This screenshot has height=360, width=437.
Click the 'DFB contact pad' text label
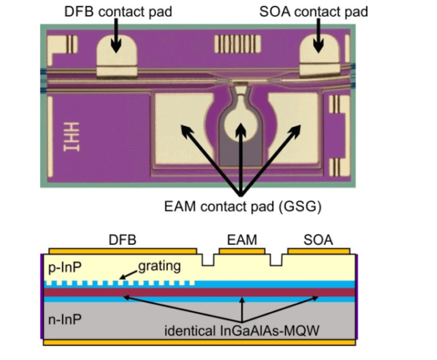117,11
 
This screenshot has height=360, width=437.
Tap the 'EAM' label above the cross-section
242,240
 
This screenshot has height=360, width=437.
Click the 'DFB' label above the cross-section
123,240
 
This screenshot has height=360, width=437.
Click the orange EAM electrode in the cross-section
242,251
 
